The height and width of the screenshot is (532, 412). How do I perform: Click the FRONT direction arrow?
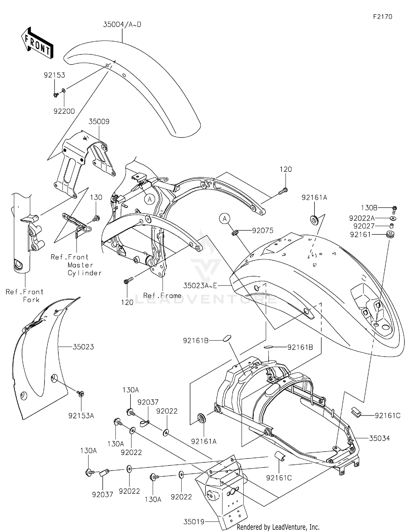tap(37, 43)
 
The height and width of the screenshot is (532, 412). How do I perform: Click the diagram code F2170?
tap(382, 17)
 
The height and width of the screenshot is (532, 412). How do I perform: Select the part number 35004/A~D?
tap(122, 25)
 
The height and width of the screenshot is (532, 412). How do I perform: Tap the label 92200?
tap(64, 111)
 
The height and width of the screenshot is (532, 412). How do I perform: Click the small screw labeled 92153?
tap(55, 95)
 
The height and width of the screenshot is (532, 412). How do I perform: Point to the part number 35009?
tap(99, 122)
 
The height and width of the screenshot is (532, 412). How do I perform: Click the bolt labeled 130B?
tap(394, 210)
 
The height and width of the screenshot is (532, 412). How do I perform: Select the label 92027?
tap(364, 226)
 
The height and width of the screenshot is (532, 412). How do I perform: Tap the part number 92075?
tap(263, 231)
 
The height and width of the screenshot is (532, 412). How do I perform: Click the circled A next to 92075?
tap(225, 219)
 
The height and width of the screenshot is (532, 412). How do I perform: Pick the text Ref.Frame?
tap(162, 296)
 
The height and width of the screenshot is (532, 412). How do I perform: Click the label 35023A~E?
tap(200, 286)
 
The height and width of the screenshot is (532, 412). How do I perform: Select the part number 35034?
tap(379, 438)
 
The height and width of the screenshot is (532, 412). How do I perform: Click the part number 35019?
tap(194, 522)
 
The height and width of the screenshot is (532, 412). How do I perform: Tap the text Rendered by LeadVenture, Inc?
tap(278, 527)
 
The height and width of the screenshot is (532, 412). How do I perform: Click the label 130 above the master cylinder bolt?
tap(96, 197)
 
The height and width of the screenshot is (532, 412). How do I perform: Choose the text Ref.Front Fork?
tap(25, 296)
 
